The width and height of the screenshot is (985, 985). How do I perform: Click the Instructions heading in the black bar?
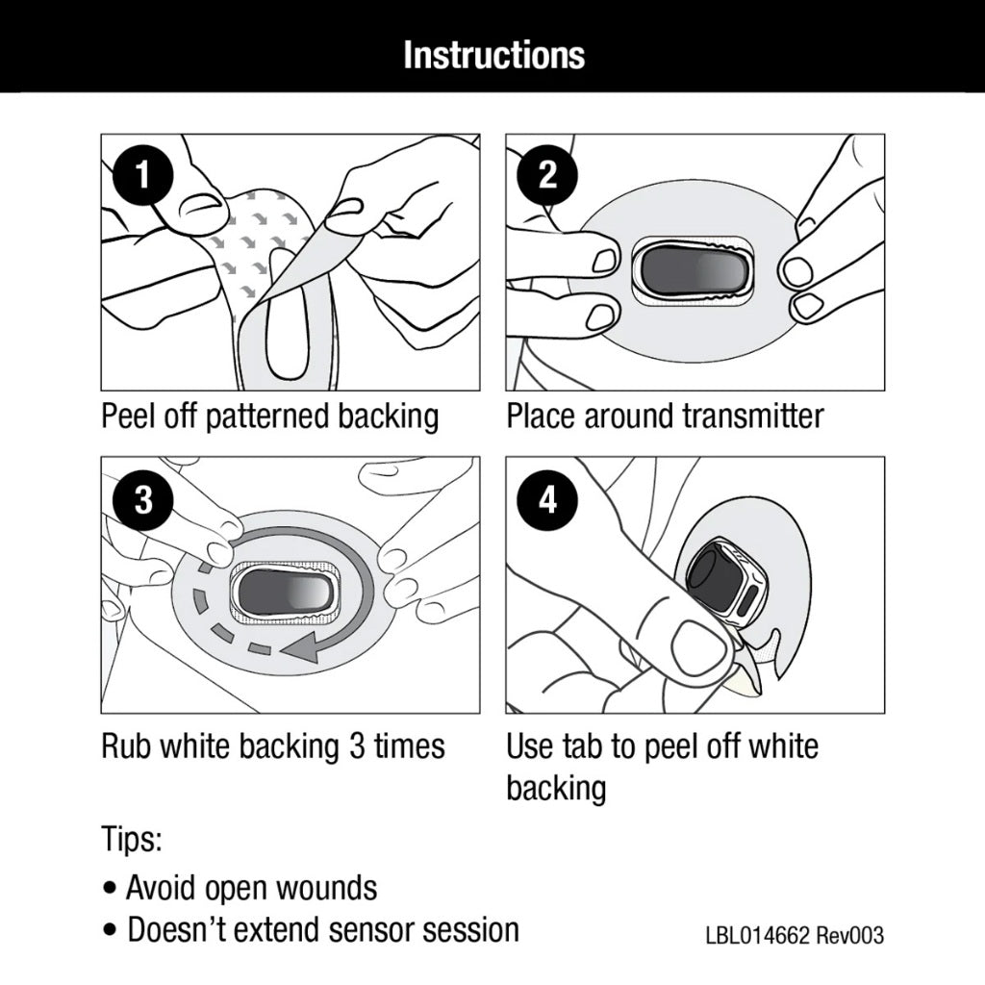493,55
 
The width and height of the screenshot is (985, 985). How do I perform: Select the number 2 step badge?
547,177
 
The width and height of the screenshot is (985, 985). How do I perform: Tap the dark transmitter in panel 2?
692,268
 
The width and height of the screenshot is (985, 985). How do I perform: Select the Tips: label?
132,839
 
